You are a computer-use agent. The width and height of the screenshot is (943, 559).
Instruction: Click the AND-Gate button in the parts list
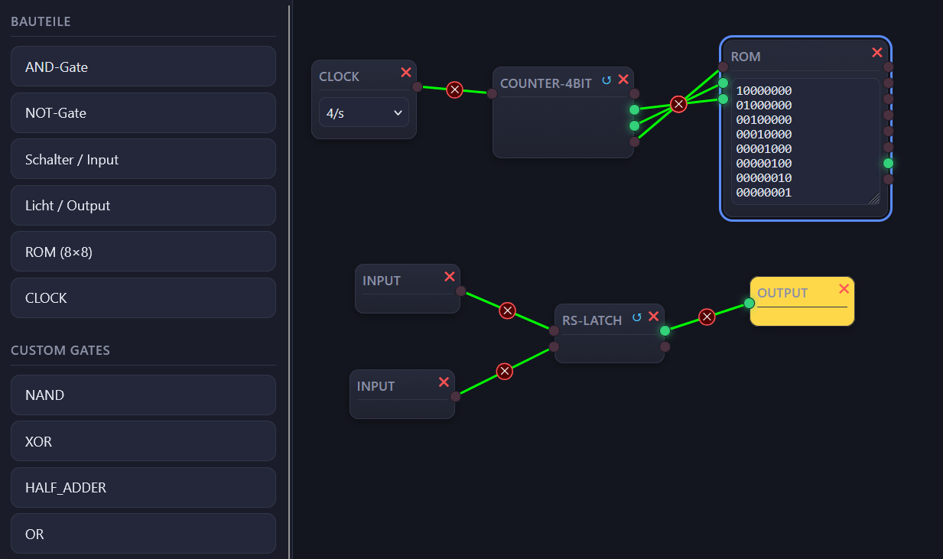tap(143, 67)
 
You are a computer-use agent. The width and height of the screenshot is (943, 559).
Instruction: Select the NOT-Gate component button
tap(143, 113)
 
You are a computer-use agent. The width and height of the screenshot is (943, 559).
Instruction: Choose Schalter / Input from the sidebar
tap(143, 159)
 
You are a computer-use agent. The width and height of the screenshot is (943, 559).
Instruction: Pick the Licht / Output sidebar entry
tap(143, 206)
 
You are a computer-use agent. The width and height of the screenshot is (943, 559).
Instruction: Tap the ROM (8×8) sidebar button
tap(143, 252)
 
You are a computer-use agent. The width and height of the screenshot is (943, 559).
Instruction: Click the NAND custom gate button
tap(143, 395)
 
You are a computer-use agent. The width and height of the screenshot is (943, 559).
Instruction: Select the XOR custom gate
tap(143, 441)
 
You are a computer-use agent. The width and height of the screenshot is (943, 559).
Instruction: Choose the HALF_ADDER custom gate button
tap(143, 487)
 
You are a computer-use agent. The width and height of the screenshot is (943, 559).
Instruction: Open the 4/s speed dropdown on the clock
tap(364, 112)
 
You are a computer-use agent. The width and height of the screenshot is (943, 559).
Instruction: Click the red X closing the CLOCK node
tap(406, 73)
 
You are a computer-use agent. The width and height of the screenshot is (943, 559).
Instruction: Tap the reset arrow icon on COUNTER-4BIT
tap(606, 80)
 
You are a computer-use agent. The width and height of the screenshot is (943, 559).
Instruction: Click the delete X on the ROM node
tap(877, 52)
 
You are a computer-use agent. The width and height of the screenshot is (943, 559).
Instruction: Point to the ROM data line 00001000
tap(764, 148)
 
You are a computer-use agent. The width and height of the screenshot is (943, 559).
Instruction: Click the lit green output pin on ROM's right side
tap(888, 164)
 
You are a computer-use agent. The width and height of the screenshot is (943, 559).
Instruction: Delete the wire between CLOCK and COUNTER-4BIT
tap(454, 89)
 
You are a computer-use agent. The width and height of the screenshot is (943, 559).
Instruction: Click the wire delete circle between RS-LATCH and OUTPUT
tap(707, 317)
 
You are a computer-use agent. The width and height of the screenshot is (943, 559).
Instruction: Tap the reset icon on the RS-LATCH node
tap(637, 317)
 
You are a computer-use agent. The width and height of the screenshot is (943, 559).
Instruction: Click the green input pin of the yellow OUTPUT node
tap(749, 303)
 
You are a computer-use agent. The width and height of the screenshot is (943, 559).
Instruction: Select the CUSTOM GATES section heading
tap(60, 350)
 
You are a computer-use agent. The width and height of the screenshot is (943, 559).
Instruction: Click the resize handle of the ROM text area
tap(874, 198)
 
